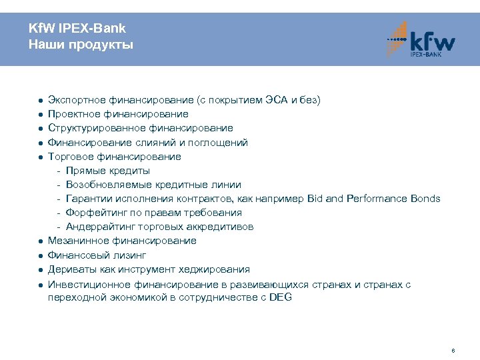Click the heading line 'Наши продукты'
click(x=81, y=45)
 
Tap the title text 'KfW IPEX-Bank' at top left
click(x=77, y=29)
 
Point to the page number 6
click(x=453, y=350)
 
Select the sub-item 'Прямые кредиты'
click(x=107, y=171)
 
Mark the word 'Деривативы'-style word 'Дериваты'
click(x=69, y=269)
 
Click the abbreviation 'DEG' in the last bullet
click(x=280, y=297)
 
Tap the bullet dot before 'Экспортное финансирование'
click(x=41, y=101)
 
